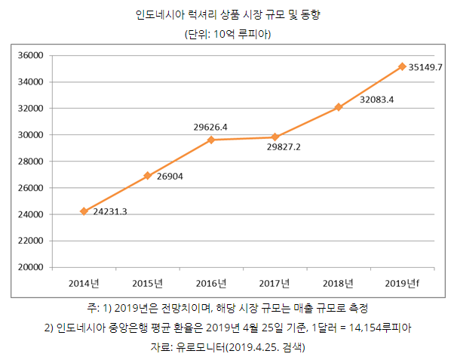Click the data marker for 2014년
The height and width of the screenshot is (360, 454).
(x=84, y=211)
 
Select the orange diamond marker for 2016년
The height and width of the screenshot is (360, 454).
(x=211, y=140)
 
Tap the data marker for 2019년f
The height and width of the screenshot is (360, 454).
(x=402, y=66)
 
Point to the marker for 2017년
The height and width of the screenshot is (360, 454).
(x=275, y=137)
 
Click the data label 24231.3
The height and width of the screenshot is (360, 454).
(x=110, y=211)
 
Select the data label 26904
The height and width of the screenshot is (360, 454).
(x=170, y=177)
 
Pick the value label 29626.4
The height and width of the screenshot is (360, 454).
(x=211, y=127)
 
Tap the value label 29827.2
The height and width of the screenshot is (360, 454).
(x=284, y=147)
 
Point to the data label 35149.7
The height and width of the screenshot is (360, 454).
(x=425, y=67)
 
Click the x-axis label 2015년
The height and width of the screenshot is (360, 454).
(x=147, y=283)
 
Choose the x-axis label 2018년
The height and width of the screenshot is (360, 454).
(x=338, y=283)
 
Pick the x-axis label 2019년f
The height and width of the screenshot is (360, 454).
(x=402, y=283)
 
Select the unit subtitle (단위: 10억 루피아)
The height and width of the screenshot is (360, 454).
(x=228, y=35)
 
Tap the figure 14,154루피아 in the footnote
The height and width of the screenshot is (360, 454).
(x=375, y=328)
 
